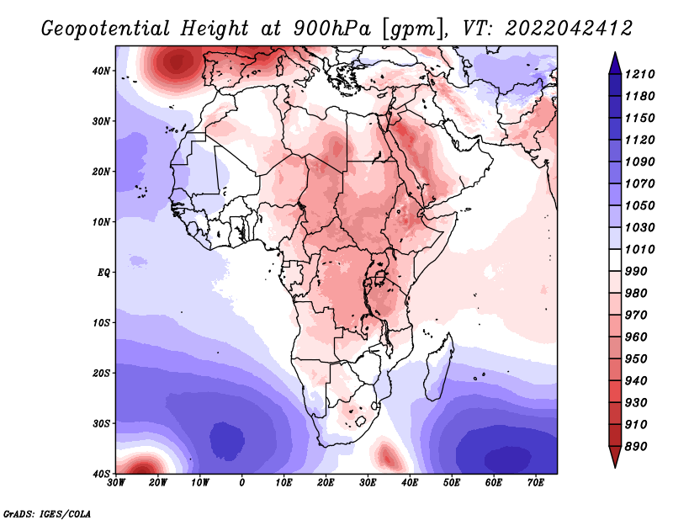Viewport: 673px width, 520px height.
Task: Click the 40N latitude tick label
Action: point(100,71)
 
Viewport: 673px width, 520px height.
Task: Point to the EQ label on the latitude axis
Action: point(103,273)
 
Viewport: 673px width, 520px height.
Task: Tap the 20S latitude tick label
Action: point(101,373)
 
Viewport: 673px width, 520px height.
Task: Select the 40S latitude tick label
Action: point(101,474)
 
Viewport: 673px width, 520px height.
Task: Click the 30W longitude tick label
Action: point(116,483)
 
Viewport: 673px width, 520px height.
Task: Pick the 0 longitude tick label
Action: point(242,483)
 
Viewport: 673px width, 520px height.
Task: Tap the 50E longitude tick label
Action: point(452,483)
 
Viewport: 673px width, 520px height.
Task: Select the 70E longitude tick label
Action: point(536,483)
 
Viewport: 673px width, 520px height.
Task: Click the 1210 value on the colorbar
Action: point(639,74)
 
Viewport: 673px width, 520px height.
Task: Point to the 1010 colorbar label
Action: point(639,249)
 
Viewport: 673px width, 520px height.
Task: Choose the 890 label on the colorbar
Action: point(636,447)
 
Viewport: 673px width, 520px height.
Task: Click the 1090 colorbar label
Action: point(639,162)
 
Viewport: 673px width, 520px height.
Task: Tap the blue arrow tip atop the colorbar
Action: point(615,53)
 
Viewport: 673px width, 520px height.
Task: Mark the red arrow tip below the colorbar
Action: point(615,467)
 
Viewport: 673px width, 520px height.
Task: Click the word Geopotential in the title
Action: point(106,29)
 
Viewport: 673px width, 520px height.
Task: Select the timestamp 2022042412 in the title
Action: point(569,29)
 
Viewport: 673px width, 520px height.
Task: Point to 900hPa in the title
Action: point(331,29)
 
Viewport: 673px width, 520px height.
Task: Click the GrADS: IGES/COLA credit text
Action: point(47,513)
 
